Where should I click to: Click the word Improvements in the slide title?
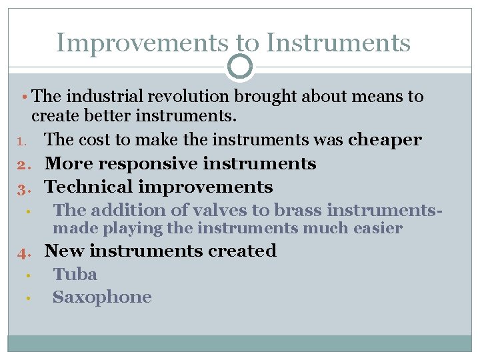click(142, 43)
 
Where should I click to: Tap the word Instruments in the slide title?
click(338, 43)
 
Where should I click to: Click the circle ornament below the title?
click(240, 67)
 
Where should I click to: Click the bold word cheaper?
click(385, 140)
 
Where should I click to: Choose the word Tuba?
click(75, 274)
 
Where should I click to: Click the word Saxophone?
click(102, 297)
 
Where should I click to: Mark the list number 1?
click(19, 141)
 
